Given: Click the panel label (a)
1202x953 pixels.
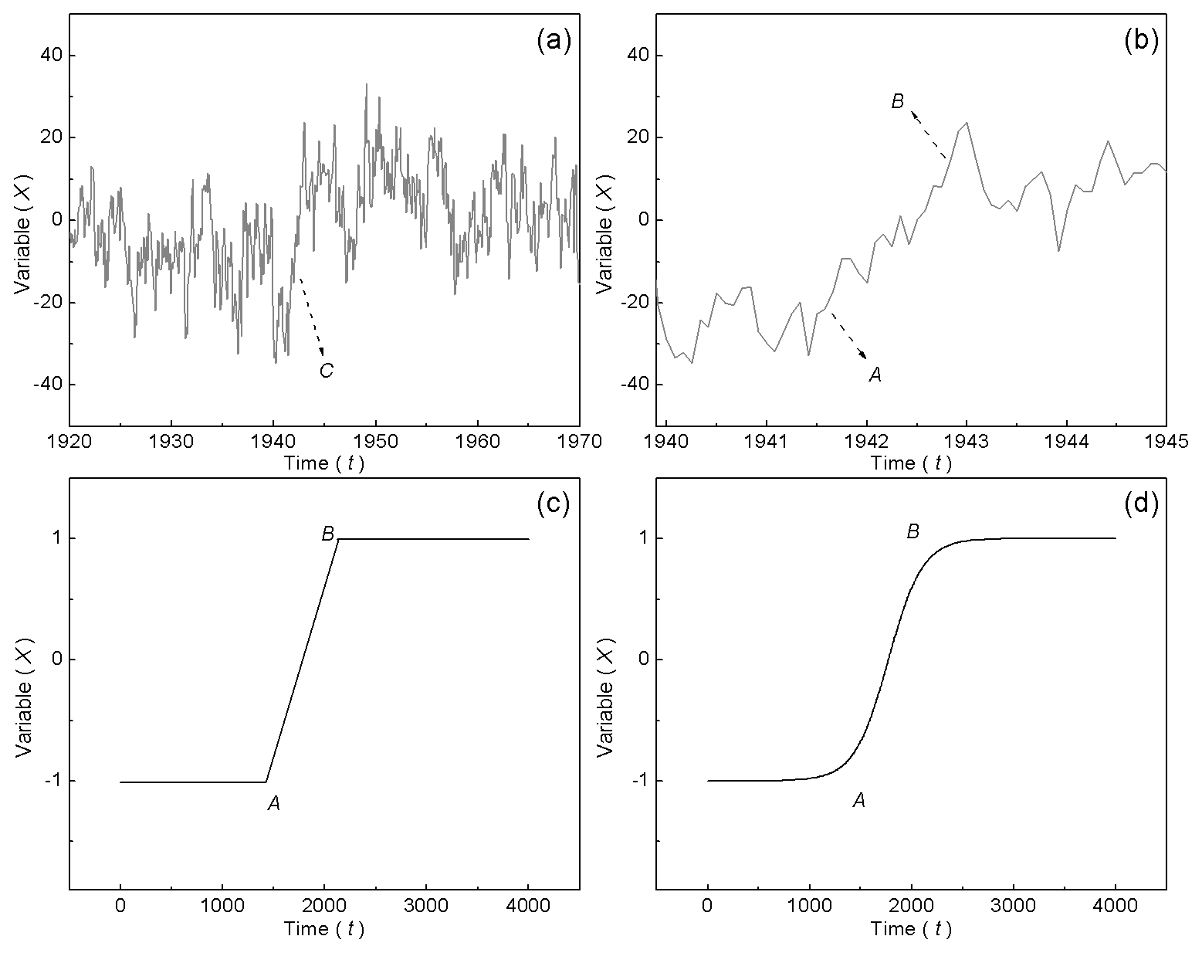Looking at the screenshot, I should pos(553,41).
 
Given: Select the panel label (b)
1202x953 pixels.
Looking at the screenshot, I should pos(1140,41).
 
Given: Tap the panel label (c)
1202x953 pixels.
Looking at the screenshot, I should pos(553,504).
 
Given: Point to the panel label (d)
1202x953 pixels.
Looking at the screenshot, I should pos(1140,504).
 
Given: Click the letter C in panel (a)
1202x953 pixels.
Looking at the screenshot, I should pos(326,371).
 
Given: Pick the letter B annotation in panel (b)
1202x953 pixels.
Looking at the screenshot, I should pos(897,102).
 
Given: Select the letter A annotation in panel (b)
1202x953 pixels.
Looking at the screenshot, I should pos(875,375).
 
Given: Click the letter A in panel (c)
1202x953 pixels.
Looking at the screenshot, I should pos(273,804).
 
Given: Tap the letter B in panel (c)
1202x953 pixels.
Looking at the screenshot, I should pos(327,533).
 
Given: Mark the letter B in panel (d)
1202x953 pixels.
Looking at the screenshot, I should pos(913,531).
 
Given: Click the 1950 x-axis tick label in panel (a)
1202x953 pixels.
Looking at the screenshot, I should pos(376,441).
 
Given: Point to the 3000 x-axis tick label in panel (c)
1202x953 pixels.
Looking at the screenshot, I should pos(426,906).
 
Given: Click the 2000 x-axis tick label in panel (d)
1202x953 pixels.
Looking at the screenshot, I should pos(911,906).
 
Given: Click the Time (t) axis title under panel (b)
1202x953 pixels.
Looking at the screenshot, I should pos(911,463).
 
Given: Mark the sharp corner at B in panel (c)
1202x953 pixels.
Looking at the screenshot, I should pos(339,539).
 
